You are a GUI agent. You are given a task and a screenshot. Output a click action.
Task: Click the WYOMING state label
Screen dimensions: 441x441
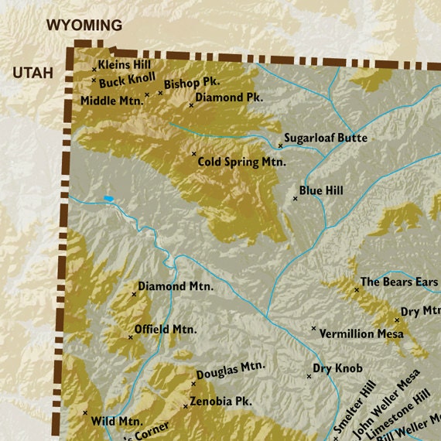[84, 26]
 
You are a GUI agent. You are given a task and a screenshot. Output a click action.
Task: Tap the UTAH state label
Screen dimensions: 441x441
[32, 73]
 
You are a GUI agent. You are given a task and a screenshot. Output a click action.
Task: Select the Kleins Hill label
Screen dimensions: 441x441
[125, 65]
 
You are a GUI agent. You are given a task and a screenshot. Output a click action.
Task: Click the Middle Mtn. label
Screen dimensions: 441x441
[113, 100]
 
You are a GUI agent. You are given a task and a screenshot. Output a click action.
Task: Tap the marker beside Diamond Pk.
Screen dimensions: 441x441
[191, 104]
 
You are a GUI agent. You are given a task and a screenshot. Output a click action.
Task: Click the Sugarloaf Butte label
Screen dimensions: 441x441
[325, 138]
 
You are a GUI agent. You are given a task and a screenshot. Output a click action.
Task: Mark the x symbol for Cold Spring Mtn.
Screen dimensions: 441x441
[194, 153]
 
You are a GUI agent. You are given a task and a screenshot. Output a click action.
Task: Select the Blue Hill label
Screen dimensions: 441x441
[321, 190]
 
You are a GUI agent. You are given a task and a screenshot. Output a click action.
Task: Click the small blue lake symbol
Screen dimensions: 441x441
[109, 199]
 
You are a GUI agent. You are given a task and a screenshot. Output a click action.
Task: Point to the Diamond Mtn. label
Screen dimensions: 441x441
[176, 286]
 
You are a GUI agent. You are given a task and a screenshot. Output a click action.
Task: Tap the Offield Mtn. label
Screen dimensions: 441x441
[166, 329]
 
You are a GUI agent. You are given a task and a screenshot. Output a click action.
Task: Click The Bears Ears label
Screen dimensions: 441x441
[399, 282]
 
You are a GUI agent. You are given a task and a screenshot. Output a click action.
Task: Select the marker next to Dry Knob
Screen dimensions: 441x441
[309, 376]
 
